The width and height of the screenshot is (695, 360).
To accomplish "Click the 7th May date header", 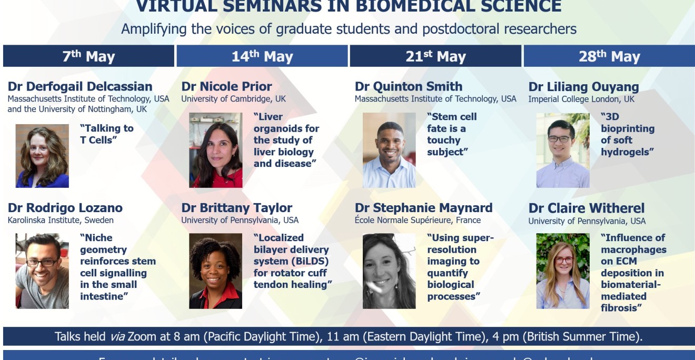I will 88,56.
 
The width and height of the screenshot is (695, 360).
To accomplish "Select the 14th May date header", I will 262,56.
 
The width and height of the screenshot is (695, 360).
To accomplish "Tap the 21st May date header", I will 435,56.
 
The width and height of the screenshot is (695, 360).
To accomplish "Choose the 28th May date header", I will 609,56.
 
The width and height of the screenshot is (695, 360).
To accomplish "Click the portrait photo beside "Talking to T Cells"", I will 42,156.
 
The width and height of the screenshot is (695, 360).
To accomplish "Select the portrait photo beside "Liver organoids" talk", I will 216,150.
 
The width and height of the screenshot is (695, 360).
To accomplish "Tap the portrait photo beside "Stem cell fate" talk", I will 389,150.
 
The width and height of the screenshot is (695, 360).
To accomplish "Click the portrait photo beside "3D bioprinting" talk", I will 563,150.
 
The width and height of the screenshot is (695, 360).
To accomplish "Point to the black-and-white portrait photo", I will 389,271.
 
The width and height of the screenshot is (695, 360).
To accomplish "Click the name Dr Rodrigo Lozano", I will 65,208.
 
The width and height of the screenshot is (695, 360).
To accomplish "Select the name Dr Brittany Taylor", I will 237,208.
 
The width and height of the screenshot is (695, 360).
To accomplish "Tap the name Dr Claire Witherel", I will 587,208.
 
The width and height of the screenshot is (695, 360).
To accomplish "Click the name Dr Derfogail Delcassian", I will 80,86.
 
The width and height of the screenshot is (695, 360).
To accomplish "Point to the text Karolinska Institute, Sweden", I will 61,220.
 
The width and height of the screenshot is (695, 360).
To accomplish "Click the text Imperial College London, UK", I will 581,99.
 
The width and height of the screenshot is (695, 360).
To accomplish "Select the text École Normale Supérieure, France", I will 418,220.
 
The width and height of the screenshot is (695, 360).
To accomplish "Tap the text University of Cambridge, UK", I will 234,98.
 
